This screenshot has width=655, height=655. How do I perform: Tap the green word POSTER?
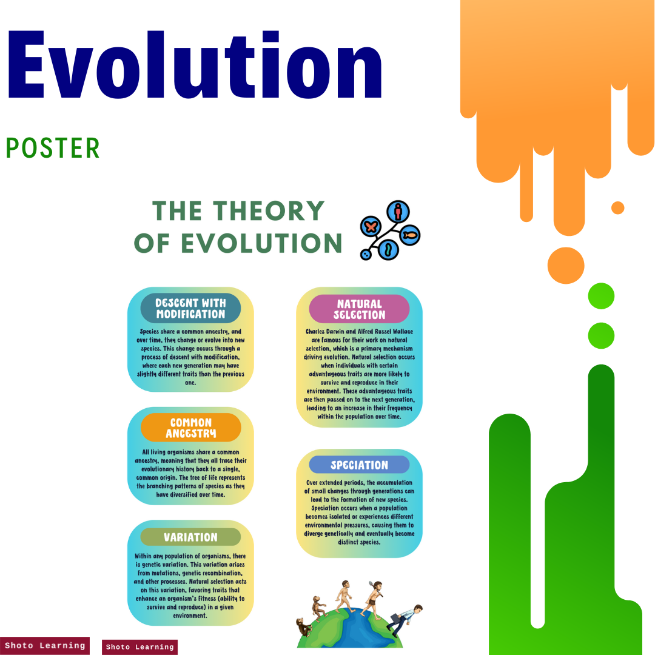(53, 149)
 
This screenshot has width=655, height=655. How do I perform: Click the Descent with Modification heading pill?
(190, 309)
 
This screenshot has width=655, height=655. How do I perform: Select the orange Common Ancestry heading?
(190, 428)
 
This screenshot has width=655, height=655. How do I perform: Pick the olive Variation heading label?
(190, 537)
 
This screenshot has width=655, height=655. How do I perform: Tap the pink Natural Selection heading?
(359, 309)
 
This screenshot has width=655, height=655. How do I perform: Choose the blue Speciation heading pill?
(359, 465)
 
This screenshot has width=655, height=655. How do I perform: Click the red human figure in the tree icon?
(398, 212)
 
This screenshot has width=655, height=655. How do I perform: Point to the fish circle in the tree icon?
(410, 235)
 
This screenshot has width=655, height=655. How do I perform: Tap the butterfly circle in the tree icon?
(371, 227)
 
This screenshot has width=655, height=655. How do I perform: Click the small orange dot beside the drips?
(617, 208)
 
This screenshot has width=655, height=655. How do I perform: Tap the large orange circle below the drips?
(565, 266)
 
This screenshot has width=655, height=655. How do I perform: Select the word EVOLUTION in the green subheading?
(261, 244)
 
